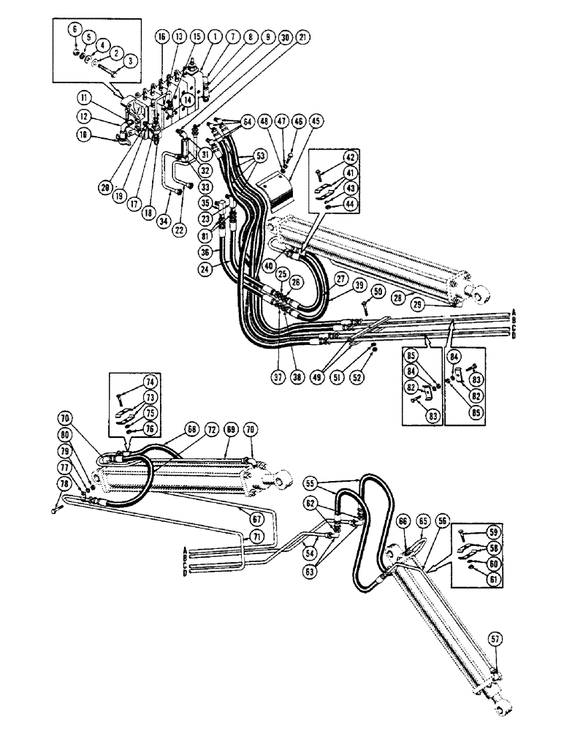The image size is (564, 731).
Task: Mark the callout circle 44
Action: click(x=351, y=206)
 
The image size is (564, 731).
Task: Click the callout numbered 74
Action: click(x=150, y=381)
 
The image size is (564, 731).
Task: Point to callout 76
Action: click(x=150, y=428)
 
